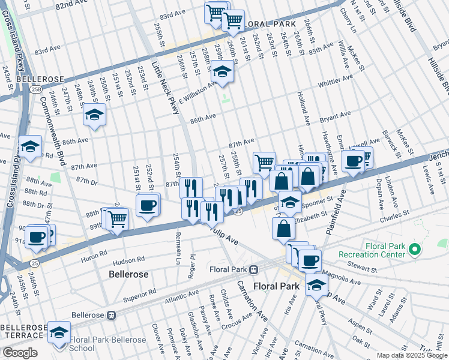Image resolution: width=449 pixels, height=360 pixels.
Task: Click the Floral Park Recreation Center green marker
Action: [414, 248]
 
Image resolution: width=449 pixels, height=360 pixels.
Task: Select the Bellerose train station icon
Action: [110, 314]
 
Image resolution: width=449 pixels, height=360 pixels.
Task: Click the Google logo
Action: [20, 353]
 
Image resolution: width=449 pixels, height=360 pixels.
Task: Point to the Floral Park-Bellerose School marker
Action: [59, 333]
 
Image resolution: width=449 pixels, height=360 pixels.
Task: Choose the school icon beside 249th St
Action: [94, 114]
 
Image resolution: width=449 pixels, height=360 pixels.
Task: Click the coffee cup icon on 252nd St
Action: [147, 206]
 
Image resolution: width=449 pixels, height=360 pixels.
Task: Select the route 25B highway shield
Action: [35, 89]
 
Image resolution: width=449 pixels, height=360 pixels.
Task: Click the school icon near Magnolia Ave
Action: [316, 285]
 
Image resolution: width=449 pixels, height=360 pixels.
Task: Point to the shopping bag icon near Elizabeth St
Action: [283, 228]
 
